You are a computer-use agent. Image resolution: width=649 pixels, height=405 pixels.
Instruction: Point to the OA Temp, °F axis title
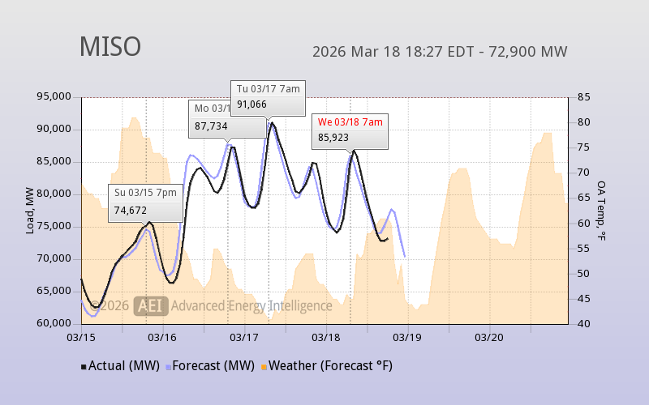click(x=601, y=211)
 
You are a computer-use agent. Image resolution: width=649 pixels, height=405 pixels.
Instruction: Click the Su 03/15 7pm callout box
click(x=145, y=202)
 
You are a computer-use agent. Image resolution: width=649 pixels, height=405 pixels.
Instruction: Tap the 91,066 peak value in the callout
click(x=252, y=104)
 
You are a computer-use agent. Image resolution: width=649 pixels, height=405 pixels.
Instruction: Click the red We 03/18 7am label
click(x=350, y=122)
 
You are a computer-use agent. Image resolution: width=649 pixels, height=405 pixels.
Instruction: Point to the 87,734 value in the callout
click(x=211, y=126)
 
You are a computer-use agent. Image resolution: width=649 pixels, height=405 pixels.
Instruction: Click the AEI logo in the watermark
click(x=152, y=305)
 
